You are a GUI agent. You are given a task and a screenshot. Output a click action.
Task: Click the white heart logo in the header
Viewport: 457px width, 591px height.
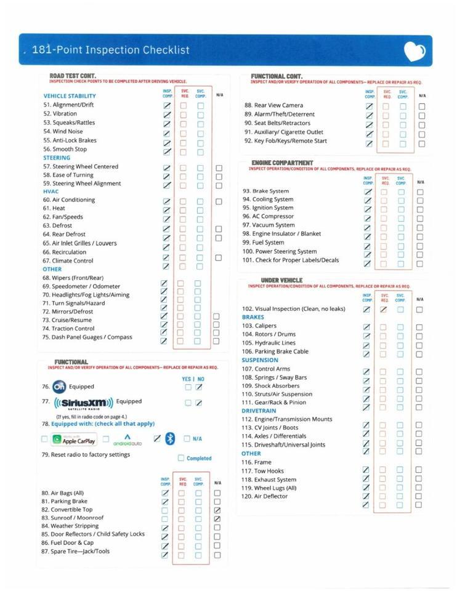414,51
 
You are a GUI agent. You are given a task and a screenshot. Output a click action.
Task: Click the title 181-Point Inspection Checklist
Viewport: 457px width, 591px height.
111,50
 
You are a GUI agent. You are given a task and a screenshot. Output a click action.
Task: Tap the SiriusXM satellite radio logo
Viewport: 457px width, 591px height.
84,403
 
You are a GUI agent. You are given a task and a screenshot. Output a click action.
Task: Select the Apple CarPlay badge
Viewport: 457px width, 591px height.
74,440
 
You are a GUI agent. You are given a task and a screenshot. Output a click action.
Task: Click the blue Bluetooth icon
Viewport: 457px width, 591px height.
170,438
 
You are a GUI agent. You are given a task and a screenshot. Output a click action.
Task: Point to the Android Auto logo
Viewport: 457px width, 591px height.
127,440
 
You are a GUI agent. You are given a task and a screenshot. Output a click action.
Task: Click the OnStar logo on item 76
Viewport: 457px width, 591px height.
59,387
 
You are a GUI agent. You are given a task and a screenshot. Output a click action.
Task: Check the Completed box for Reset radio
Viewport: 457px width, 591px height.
181,458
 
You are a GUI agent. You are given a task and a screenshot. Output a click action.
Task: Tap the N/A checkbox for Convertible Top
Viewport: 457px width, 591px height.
217,510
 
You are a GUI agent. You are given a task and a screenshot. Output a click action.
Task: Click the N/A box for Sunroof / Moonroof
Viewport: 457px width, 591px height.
217,519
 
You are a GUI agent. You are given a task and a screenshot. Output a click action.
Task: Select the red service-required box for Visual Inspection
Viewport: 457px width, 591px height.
383,310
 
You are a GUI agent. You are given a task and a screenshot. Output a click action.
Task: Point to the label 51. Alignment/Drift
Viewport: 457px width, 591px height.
68,105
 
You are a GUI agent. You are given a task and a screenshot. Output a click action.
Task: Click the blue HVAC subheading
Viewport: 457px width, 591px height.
51,191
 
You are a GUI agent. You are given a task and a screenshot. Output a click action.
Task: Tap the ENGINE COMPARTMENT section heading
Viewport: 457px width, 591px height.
282,163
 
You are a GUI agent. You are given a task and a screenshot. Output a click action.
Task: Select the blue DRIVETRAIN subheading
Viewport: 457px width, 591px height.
259,411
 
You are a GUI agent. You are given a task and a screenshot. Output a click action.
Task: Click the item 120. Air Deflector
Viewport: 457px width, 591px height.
265,496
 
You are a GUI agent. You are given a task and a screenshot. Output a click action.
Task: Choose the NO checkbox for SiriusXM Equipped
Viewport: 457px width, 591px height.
199,403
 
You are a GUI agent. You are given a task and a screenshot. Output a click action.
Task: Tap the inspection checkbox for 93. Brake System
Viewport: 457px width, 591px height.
368,192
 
